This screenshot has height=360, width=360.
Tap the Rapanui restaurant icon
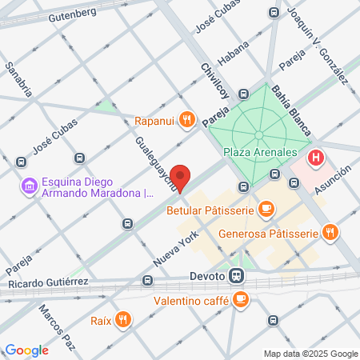coord(186,120)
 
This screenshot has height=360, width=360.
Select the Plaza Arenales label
coord(260,152)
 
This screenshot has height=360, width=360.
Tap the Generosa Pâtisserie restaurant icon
coord(330,233)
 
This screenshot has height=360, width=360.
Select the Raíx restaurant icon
coord(122,321)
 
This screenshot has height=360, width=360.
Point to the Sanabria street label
coord(18,79)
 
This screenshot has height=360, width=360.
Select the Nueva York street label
coord(175,254)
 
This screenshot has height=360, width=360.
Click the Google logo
coord(27,350)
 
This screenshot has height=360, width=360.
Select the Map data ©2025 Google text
coord(311,354)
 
